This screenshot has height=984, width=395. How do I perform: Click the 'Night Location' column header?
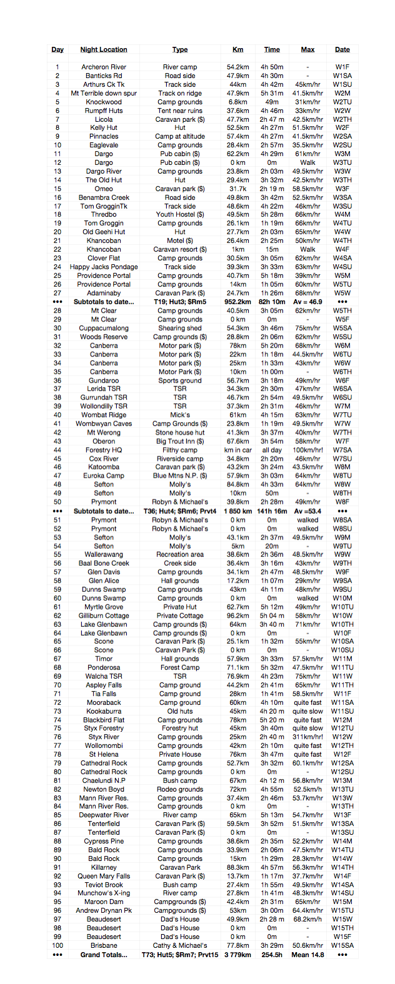point(104,49)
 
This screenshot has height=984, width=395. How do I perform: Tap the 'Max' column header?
point(307,49)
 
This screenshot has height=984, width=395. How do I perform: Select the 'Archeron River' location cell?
point(104,67)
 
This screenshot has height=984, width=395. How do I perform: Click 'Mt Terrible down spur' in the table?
point(104,93)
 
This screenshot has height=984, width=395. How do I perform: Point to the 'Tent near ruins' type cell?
point(180,111)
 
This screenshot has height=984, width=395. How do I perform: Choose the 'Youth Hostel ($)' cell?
point(180,214)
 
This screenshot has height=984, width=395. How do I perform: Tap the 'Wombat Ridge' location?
point(104,415)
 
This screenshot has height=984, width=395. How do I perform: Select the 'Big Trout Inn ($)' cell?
point(180,441)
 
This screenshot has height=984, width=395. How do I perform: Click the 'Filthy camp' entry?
point(180,450)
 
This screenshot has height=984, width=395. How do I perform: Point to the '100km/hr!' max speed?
point(307,450)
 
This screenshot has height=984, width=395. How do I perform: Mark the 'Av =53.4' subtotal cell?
point(307,511)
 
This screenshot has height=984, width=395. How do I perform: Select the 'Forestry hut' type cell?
point(180,728)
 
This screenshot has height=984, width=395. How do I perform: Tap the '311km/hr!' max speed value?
point(307,737)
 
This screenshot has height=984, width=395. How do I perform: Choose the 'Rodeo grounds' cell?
point(180,789)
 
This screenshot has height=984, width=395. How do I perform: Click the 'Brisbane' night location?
point(104,945)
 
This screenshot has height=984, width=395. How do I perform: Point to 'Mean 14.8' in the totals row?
point(307,955)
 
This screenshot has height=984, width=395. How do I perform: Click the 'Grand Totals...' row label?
point(104,955)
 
